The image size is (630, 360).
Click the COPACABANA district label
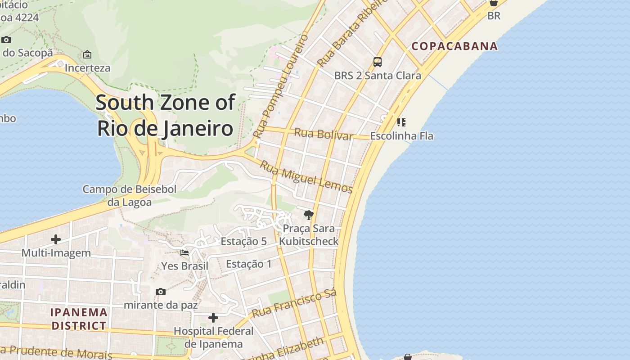pos(454,46)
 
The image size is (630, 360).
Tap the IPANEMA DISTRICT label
pos(79,319)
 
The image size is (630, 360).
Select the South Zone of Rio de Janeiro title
pos(165,115)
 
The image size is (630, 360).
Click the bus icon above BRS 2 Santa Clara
pos(378,62)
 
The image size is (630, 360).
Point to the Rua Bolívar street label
pos(324,134)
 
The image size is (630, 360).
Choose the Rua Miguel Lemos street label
pos(306,177)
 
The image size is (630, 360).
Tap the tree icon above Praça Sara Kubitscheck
pos(308,215)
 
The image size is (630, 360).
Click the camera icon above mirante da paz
pos(160,292)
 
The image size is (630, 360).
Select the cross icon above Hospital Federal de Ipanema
pos(213,318)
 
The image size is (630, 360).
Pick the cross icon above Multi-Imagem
pos(56,239)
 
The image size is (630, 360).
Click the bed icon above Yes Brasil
pos(184,253)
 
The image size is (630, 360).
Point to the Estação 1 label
pos(249,264)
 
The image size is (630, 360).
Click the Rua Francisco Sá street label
pos(294,304)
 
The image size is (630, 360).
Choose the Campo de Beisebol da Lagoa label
pos(130,196)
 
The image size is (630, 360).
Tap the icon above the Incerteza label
pos(87,54)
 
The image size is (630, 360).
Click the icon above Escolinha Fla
pos(401,122)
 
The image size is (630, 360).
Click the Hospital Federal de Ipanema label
pos(214,337)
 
